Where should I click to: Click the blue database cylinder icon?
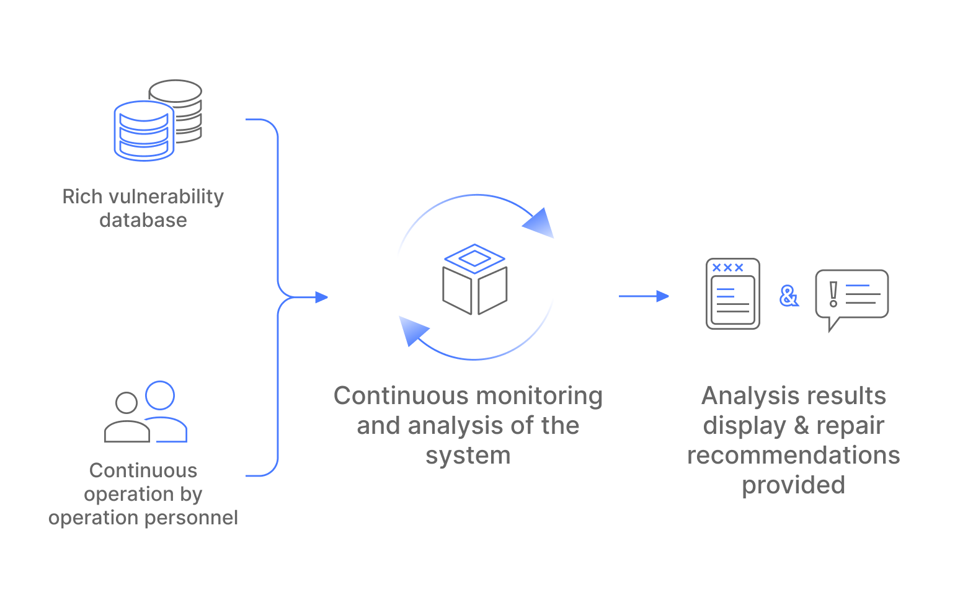(x=144, y=131)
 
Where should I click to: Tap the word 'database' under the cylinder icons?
(x=143, y=221)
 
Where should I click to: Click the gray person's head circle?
(x=127, y=403)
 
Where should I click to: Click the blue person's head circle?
(x=160, y=395)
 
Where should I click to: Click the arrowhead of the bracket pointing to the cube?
(x=321, y=297)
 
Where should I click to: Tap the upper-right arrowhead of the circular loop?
(x=539, y=223)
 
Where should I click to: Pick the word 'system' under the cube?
(x=468, y=456)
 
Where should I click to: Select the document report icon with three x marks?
(x=733, y=294)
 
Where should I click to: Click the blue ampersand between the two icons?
(x=789, y=296)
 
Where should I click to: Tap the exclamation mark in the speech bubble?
(x=833, y=294)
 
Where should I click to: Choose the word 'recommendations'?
(x=794, y=456)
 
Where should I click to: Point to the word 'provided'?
(x=794, y=485)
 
